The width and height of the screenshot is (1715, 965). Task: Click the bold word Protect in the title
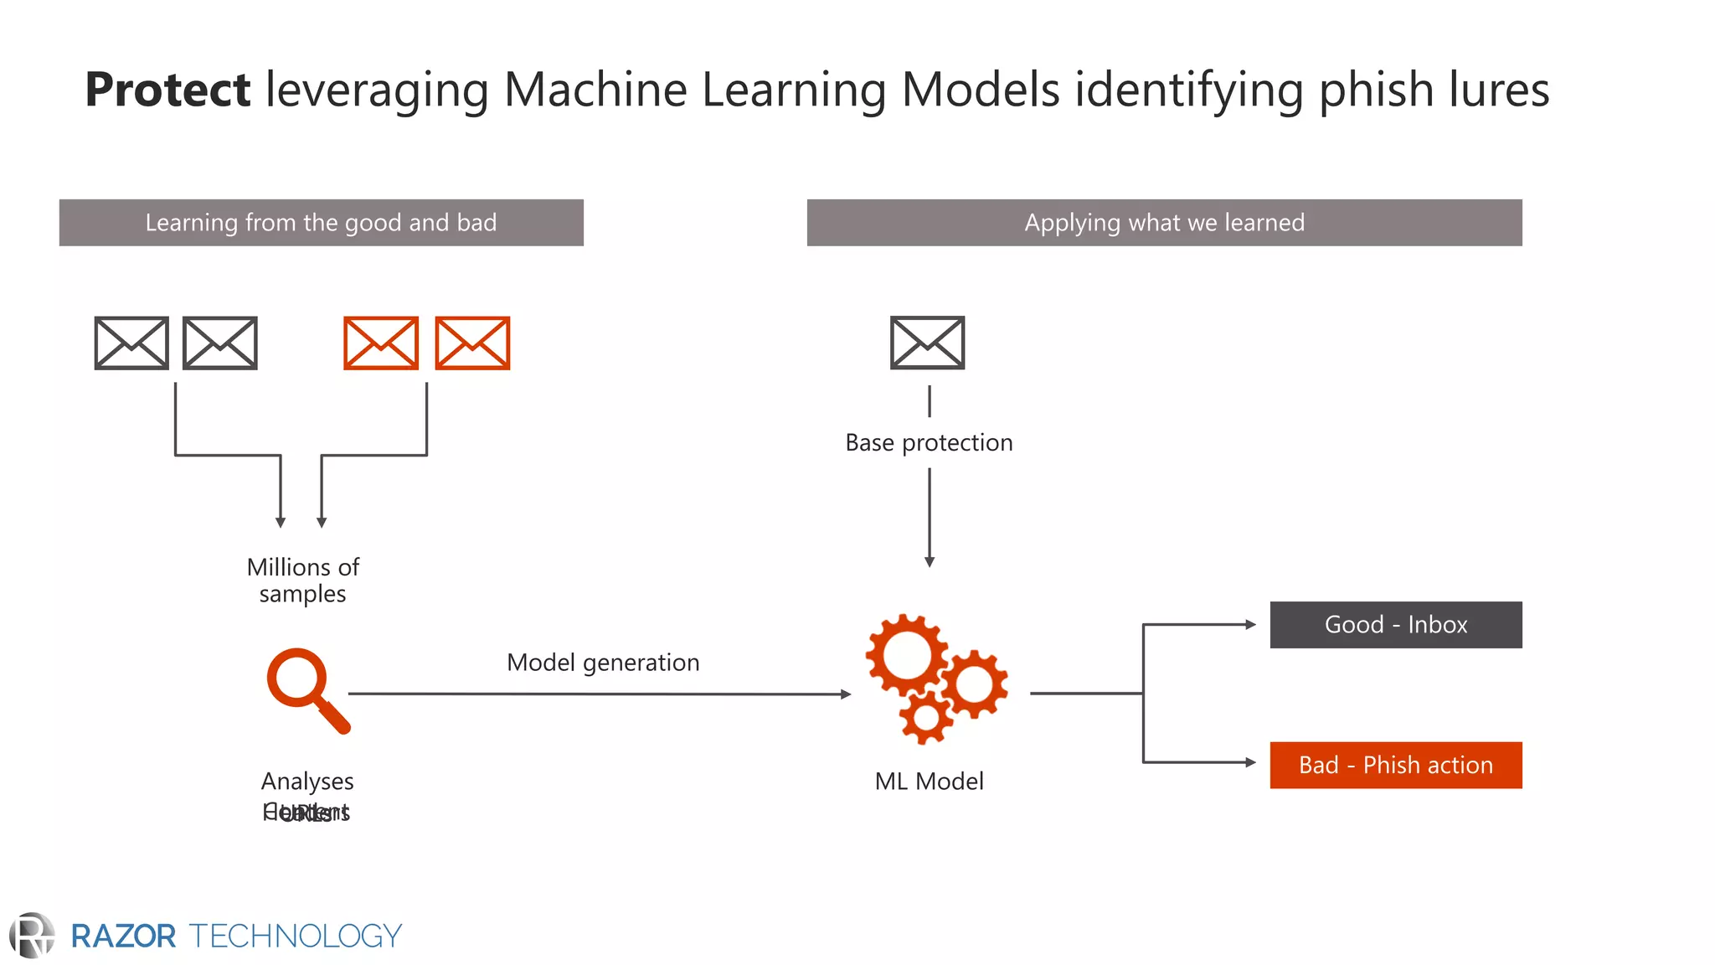pyautogui.click(x=167, y=90)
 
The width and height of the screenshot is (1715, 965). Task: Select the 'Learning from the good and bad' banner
pyautogui.click(x=321, y=223)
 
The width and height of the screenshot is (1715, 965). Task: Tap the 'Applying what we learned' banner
pyautogui.click(x=1164, y=223)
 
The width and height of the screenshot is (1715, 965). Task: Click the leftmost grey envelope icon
pyautogui.click(x=131, y=343)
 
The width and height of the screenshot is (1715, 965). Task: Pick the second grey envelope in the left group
pyautogui.click(x=219, y=343)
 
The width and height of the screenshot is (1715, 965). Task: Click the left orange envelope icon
pyautogui.click(x=381, y=343)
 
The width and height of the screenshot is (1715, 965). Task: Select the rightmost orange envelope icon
pyautogui.click(x=472, y=343)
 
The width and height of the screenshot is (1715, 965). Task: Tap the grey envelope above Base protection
pyautogui.click(x=927, y=343)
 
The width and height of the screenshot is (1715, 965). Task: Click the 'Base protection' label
pyautogui.click(x=929, y=442)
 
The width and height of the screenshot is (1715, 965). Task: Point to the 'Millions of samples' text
pyautogui.click(x=302, y=580)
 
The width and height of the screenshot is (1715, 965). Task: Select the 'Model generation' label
pyautogui.click(x=603, y=663)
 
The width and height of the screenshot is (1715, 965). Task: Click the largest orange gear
pyautogui.click(x=906, y=655)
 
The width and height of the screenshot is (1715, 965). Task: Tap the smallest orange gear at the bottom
pyautogui.click(x=926, y=718)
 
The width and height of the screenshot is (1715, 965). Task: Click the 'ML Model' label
pyautogui.click(x=929, y=782)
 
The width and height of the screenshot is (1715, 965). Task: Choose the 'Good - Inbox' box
pyautogui.click(x=1395, y=625)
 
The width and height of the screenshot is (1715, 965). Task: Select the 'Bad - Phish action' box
pyautogui.click(x=1395, y=765)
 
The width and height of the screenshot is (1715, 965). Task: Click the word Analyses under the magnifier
pyautogui.click(x=307, y=782)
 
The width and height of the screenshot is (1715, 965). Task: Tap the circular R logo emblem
pyautogui.click(x=32, y=936)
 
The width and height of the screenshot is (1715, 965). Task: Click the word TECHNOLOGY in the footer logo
pyautogui.click(x=296, y=936)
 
